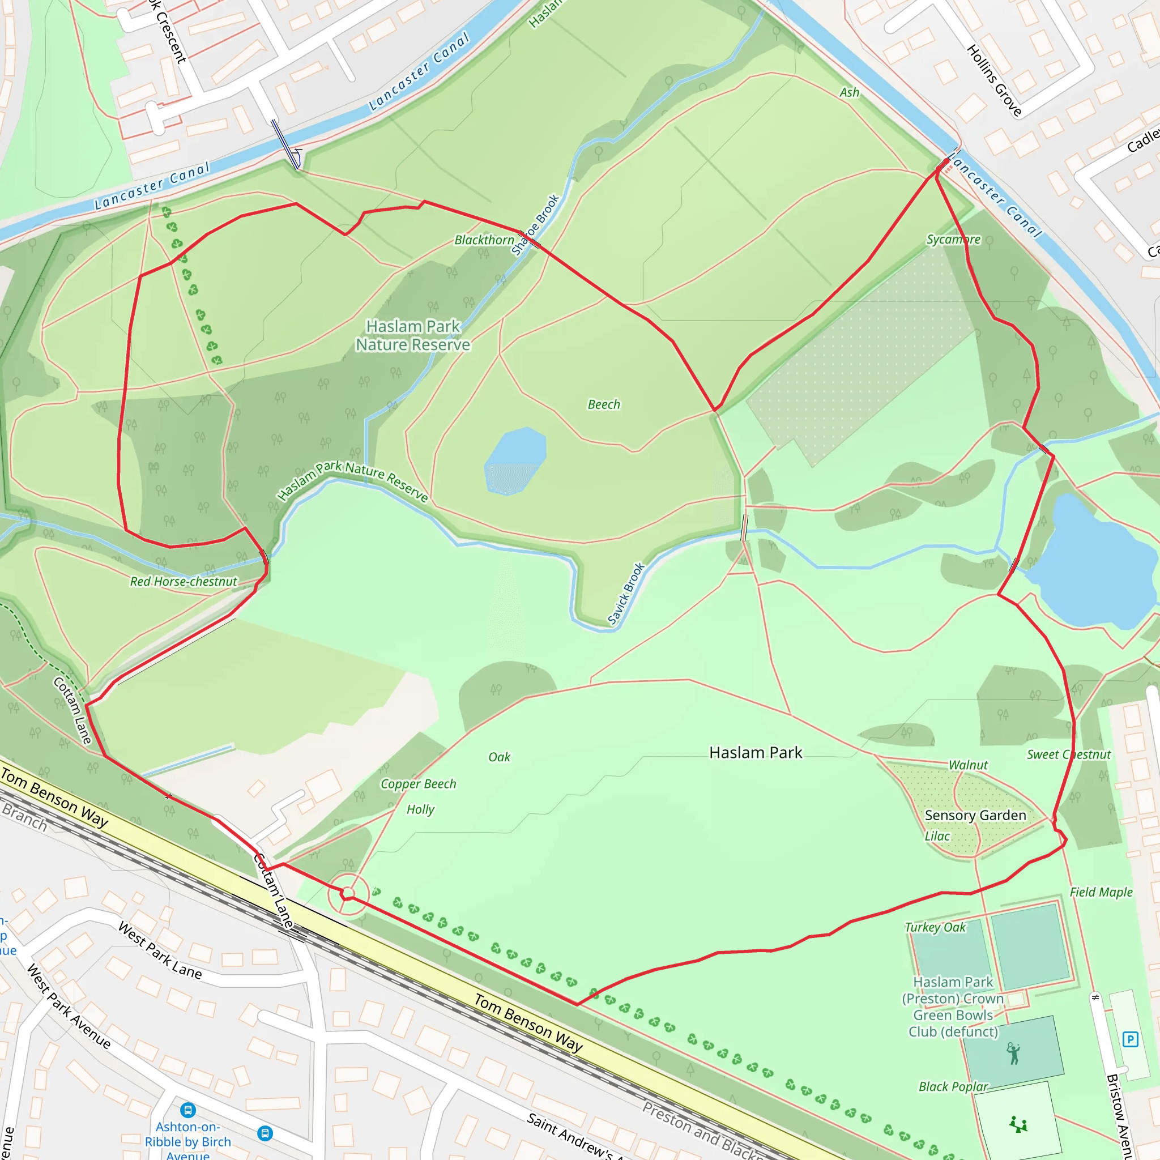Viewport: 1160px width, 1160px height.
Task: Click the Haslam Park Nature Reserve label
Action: (413, 335)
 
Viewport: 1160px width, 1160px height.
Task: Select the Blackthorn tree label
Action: (484, 240)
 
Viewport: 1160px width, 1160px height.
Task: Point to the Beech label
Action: (603, 404)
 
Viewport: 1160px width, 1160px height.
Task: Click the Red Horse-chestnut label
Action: (184, 582)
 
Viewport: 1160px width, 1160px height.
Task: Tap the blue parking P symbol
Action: (1130, 1039)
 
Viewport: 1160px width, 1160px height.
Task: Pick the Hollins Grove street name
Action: (993, 80)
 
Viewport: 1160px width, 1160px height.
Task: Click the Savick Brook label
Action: (626, 594)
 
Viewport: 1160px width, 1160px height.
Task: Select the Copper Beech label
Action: (419, 784)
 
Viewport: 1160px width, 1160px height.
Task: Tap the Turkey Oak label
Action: (936, 927)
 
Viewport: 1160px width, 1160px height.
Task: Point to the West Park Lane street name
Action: (160, 950)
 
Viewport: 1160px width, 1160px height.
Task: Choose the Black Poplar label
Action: (953, 1087)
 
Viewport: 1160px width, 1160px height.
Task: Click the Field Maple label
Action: (1101, 892)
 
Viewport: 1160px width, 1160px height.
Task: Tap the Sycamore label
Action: (953, 240)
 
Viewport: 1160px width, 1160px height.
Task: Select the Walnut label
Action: (968, 765)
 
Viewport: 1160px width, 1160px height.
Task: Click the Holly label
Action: (420, 809)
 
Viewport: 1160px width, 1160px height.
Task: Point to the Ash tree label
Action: (849, 92)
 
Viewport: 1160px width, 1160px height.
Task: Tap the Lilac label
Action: (937, 837)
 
